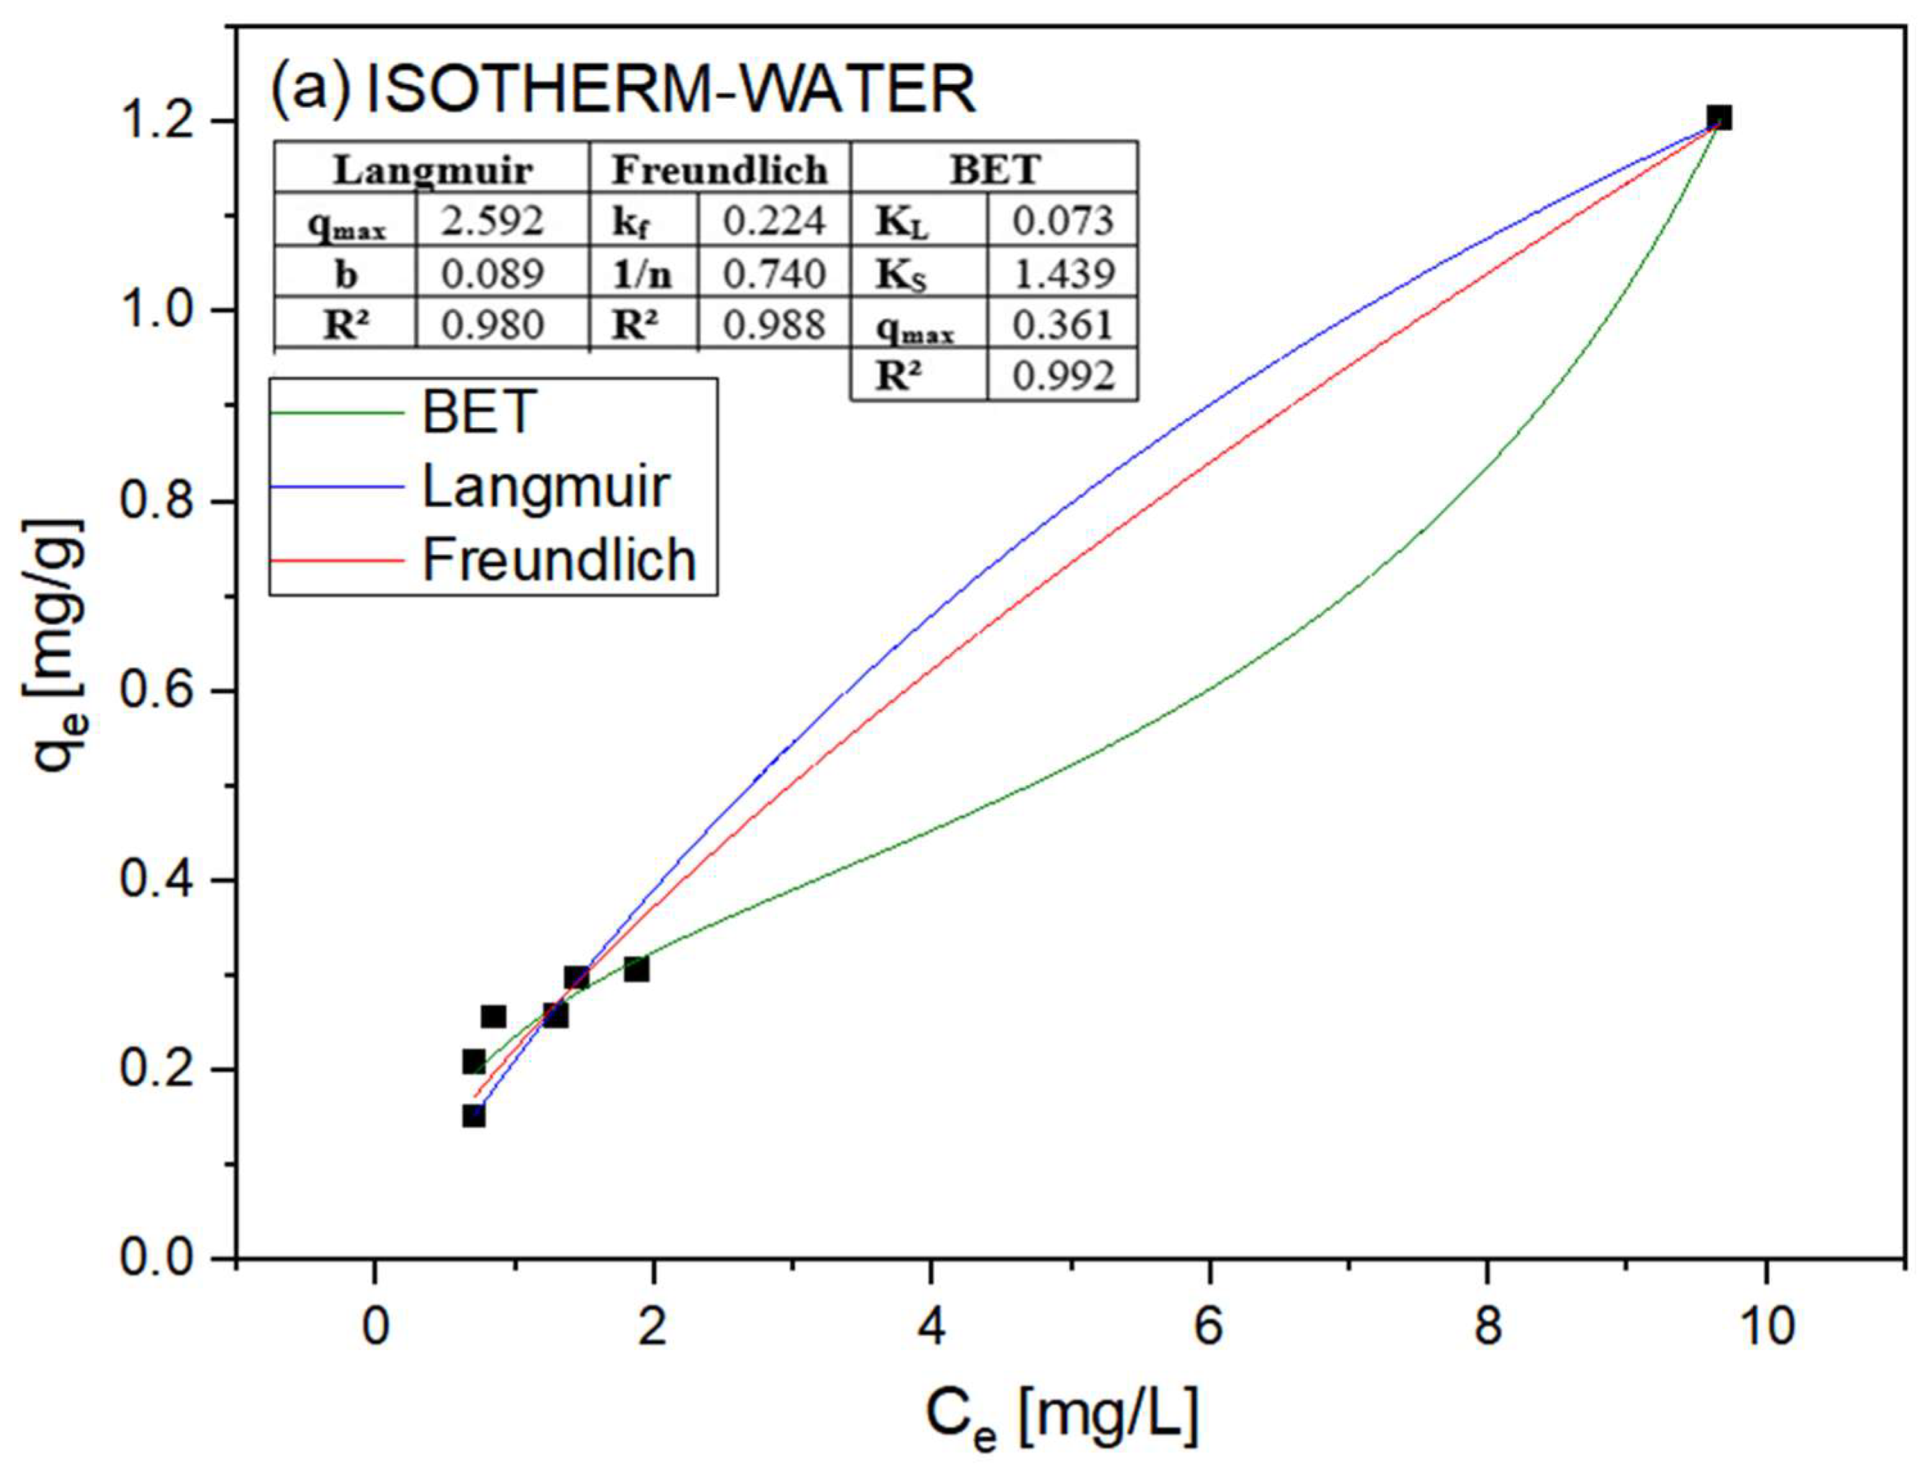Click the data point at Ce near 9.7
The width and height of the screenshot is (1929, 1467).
[x=1719, y=119]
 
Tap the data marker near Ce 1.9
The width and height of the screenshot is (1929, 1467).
[x=636, y=969]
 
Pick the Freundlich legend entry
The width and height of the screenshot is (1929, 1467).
[x=559, y=560]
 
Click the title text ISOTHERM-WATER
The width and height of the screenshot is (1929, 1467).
[x=670, y=91]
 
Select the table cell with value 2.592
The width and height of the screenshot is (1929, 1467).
[x=491, y=221]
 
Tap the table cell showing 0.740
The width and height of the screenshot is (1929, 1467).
[x=774, y=273]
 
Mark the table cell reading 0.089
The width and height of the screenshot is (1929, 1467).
[x=491, y=273]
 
